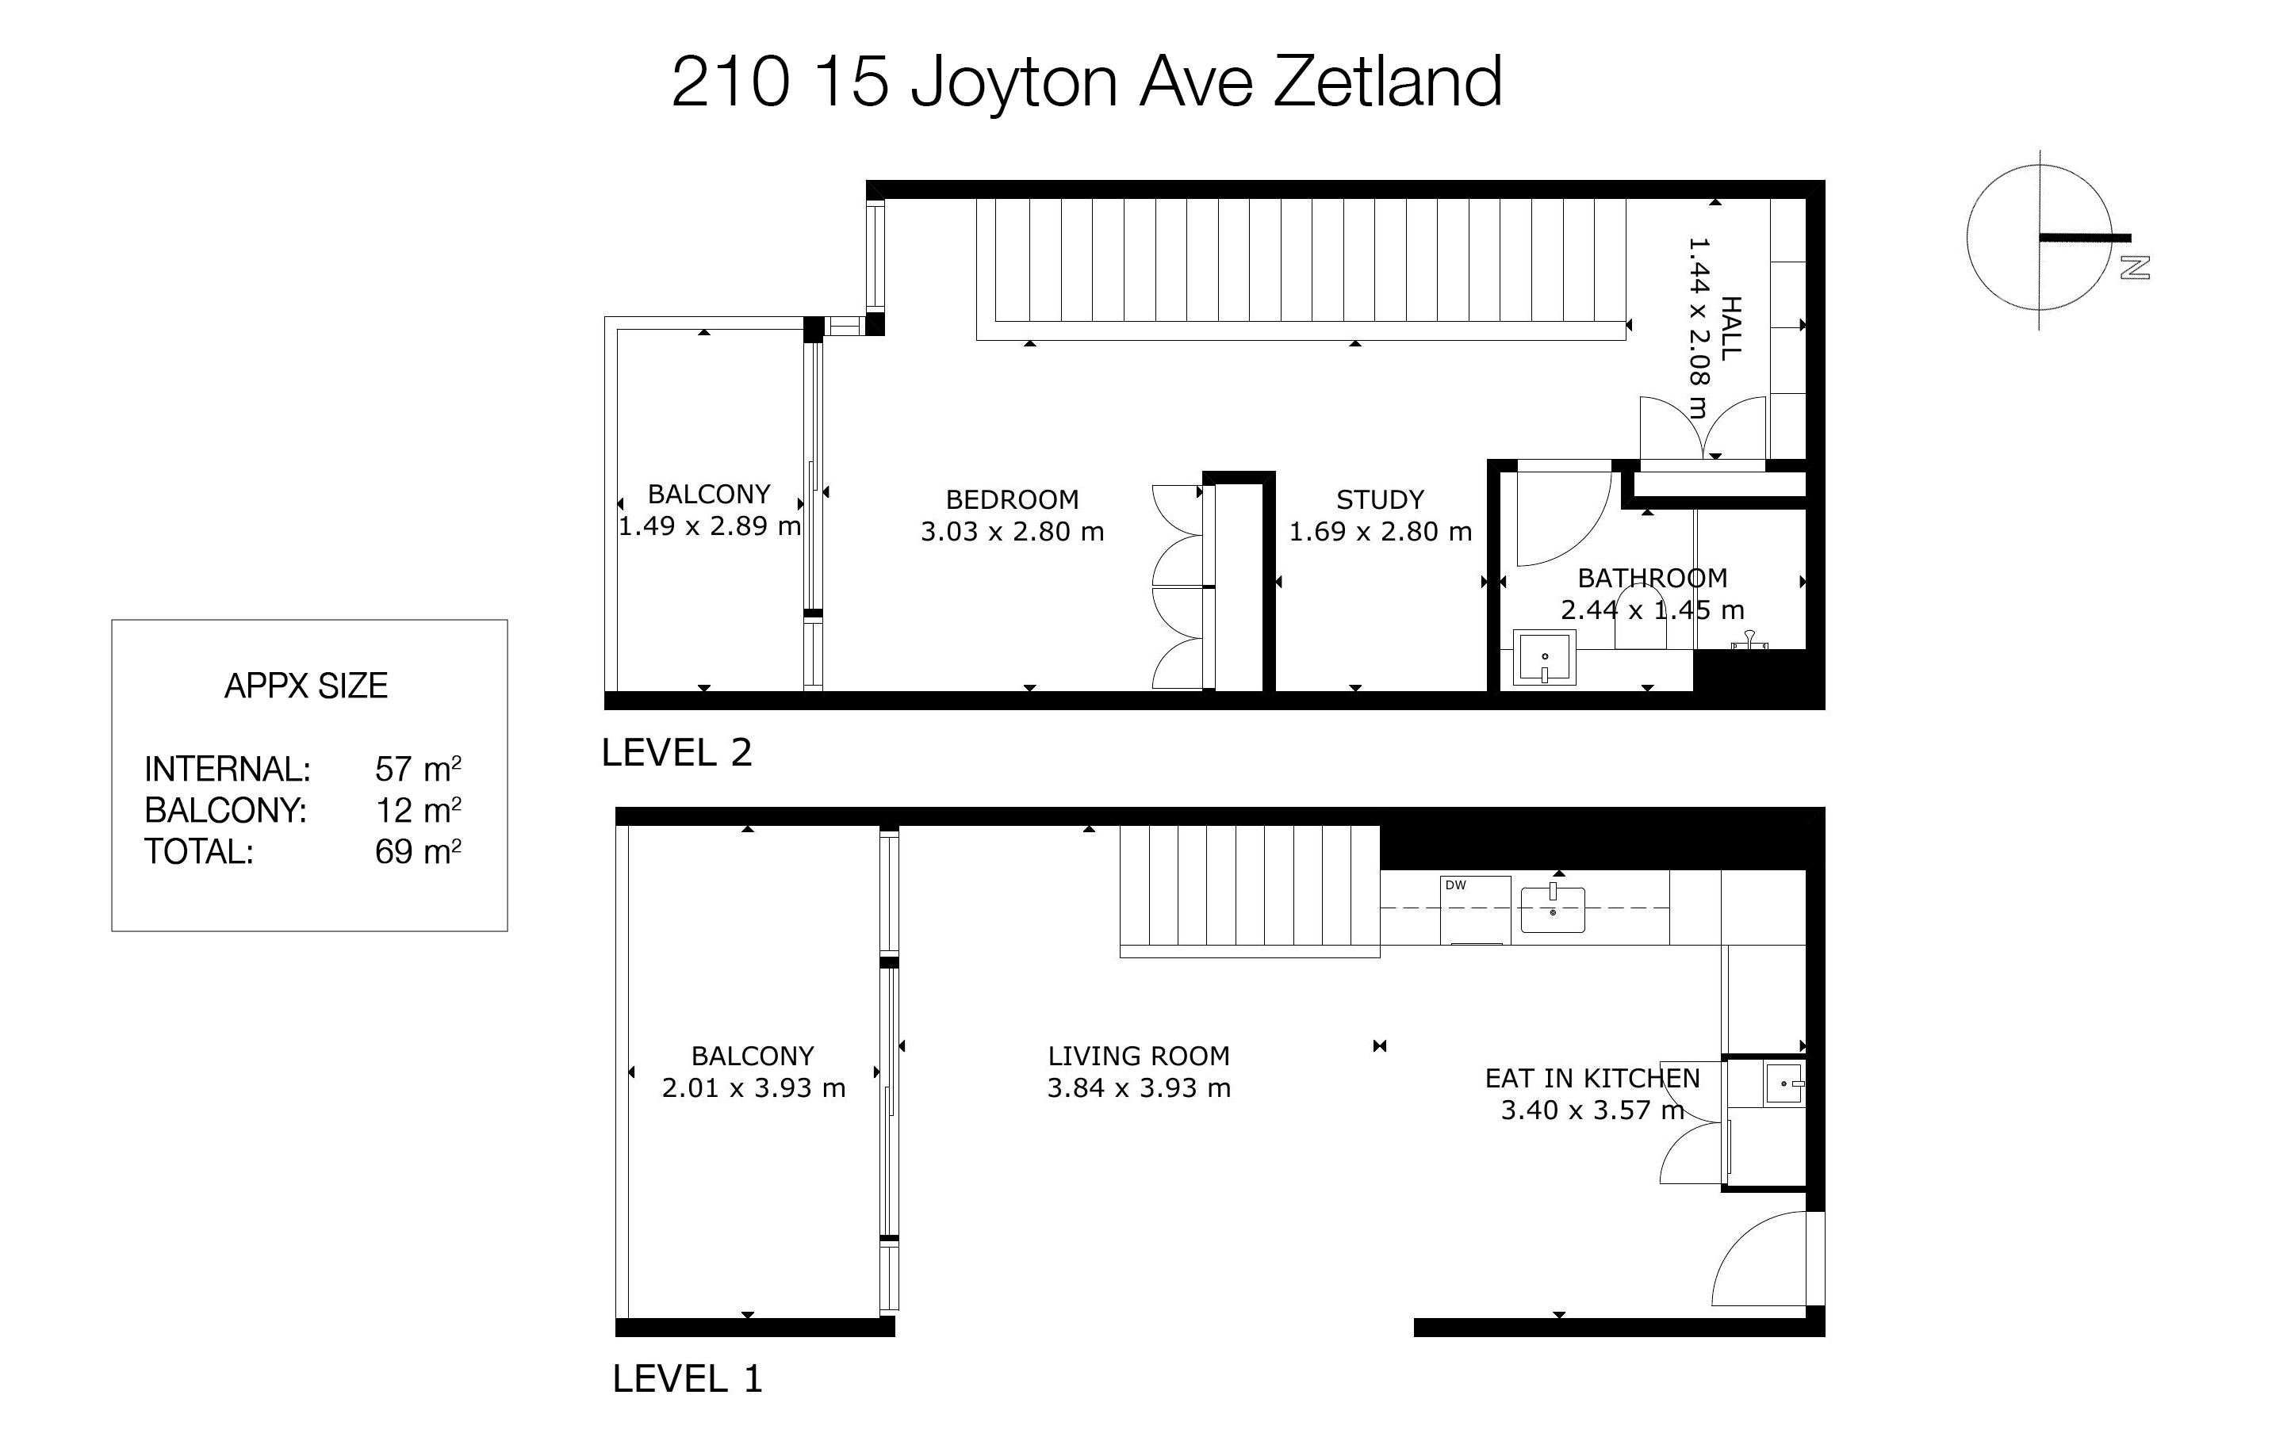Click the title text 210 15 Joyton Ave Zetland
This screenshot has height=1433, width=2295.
point(1086,83)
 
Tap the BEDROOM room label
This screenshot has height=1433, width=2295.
point(1013,499)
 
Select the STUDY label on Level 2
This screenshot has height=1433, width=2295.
point(1380,499)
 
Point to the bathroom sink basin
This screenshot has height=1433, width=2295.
point(1544,658)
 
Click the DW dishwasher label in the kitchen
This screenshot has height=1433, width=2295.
point(1456,885)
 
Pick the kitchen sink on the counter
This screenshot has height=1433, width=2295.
point(1553,909)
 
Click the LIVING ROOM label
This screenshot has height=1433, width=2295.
point(1139,1056)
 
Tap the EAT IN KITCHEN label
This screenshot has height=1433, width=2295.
point(1592,1079)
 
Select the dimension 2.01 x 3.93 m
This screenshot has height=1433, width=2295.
point(753,1088)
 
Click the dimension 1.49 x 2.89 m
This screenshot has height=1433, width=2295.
point(710,526)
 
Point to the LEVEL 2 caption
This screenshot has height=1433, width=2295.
point(676,752)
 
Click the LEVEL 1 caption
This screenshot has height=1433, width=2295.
point(688,1378)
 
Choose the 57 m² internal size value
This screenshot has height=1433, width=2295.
point(418,769)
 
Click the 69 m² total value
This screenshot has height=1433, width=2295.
point(418,851)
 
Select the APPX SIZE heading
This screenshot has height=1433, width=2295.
point(306,686)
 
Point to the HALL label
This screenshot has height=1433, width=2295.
point(1731,327)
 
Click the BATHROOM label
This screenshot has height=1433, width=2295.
point(1653,578)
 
